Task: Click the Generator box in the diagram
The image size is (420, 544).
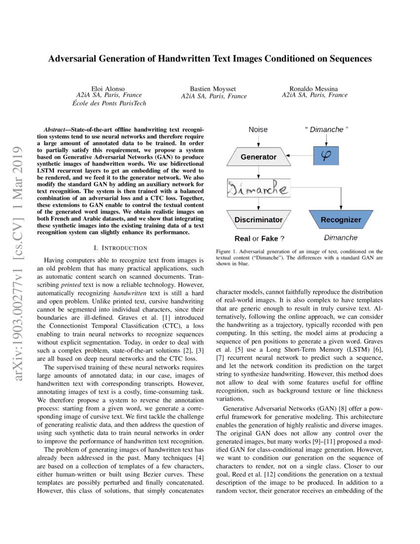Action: click(258, 157)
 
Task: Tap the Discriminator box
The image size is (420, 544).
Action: click(258, 219)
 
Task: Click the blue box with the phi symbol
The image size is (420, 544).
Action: click(326, 156)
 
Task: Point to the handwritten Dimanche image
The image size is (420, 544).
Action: click(258, 188)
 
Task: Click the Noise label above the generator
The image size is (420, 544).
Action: click(258, 130)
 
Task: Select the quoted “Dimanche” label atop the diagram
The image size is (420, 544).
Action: click(326, 130)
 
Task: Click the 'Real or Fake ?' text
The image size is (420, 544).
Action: click(258, 238)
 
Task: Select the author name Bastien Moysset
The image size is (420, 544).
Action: click(213, 89)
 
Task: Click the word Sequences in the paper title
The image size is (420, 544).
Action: click(348, 59)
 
